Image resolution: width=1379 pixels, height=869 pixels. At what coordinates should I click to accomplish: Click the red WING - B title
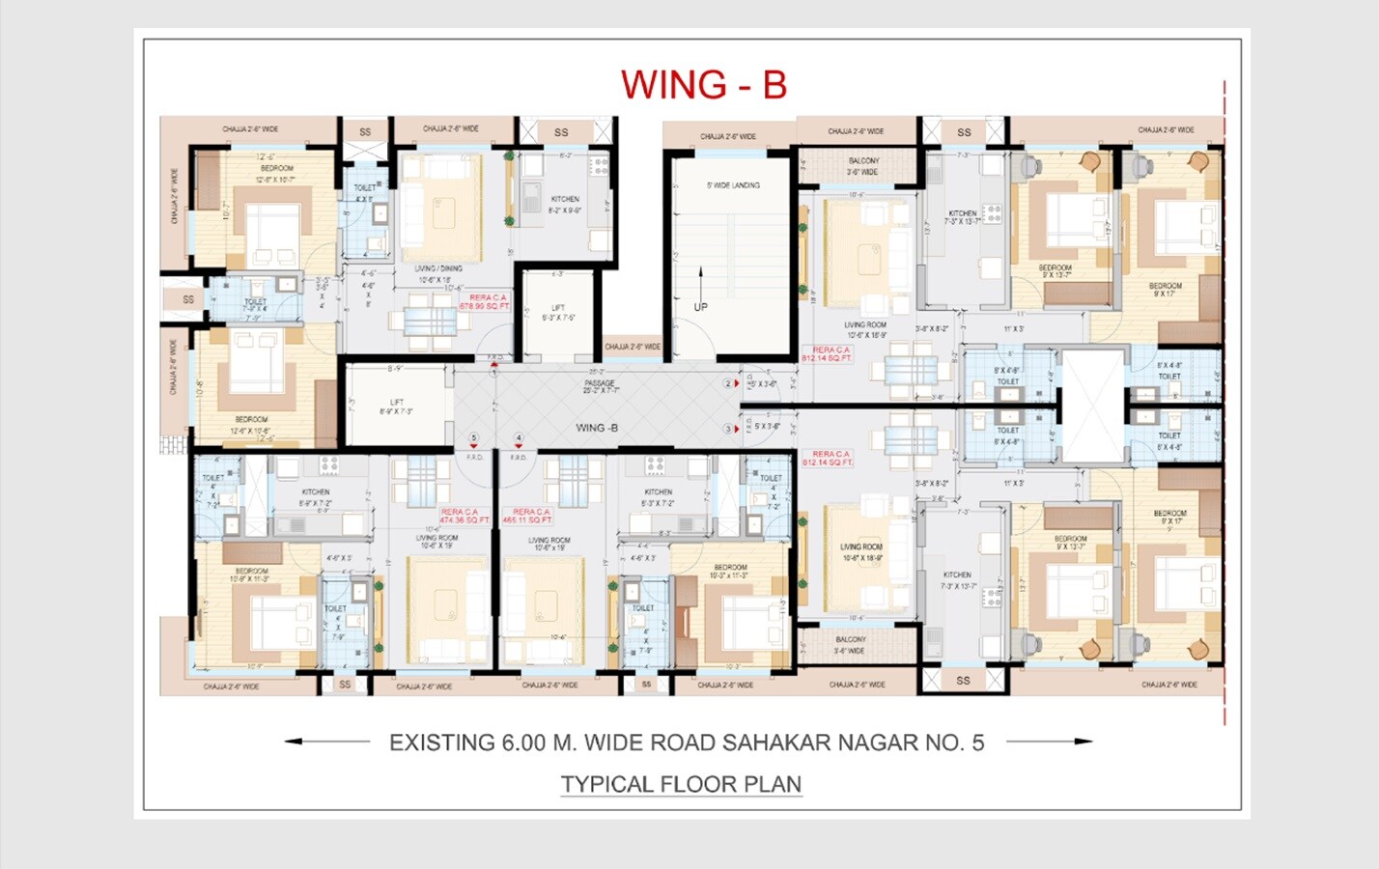tap(703, 85)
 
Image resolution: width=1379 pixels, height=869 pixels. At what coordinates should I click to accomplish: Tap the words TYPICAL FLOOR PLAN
tap(681, 784)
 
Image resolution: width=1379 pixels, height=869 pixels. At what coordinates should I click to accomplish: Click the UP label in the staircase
tap(701, 307)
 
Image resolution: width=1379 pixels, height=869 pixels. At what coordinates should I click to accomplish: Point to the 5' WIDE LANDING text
tap(733, 185)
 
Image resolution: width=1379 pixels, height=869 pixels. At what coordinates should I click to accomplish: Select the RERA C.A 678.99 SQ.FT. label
tap(484, 302)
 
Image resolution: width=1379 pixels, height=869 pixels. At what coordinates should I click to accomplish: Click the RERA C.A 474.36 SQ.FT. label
tap(464, 516)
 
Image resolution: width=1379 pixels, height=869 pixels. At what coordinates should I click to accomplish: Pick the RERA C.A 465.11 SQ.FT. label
tap(527, 516)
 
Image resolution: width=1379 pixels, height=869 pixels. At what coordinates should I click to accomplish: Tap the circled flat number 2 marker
tap(729, 383)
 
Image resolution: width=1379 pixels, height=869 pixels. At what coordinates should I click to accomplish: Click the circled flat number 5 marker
tap(473, 438)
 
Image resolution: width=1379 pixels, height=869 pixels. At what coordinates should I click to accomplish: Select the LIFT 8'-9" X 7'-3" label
tap(396, 406)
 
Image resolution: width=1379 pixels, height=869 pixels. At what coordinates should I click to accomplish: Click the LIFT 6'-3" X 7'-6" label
tap(558, 312)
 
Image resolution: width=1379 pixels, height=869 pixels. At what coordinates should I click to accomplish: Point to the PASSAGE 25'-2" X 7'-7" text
tap(600, 386)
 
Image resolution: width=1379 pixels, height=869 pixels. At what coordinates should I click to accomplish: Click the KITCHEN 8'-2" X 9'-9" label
tap(565, 204)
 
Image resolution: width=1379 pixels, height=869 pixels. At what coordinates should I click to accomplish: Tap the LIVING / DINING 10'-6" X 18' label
tap(437, 274)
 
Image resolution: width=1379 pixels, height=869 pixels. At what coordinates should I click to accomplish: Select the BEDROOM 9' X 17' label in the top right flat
tap(1166, 290)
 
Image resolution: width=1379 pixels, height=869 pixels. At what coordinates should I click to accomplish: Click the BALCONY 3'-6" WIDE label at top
tap(863, 166)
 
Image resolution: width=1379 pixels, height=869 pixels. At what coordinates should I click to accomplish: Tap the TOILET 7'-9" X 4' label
tap(255, 305)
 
